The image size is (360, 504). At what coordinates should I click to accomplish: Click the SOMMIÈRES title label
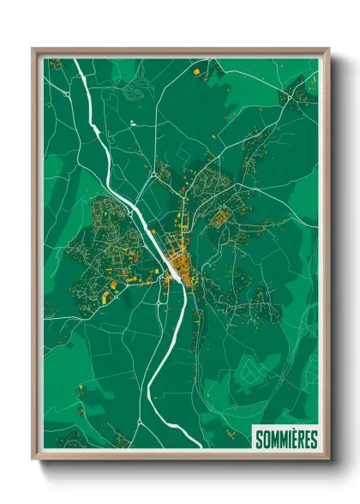coord(286,440)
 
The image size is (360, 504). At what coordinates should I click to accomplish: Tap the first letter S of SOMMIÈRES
coord(258,440)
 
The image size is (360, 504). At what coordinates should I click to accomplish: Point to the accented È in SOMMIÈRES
coord(296,440)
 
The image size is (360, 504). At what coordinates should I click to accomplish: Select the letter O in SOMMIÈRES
coord(266,440)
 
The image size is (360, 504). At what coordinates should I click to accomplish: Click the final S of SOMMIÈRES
coord(315,440)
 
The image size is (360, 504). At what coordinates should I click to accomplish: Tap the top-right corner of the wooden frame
coord(328,49)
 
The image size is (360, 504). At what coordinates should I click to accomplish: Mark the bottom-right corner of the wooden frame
coord(328,459)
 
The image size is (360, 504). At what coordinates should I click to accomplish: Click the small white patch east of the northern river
coord(132,124)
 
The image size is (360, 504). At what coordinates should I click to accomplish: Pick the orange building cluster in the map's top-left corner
coord(56,64)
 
